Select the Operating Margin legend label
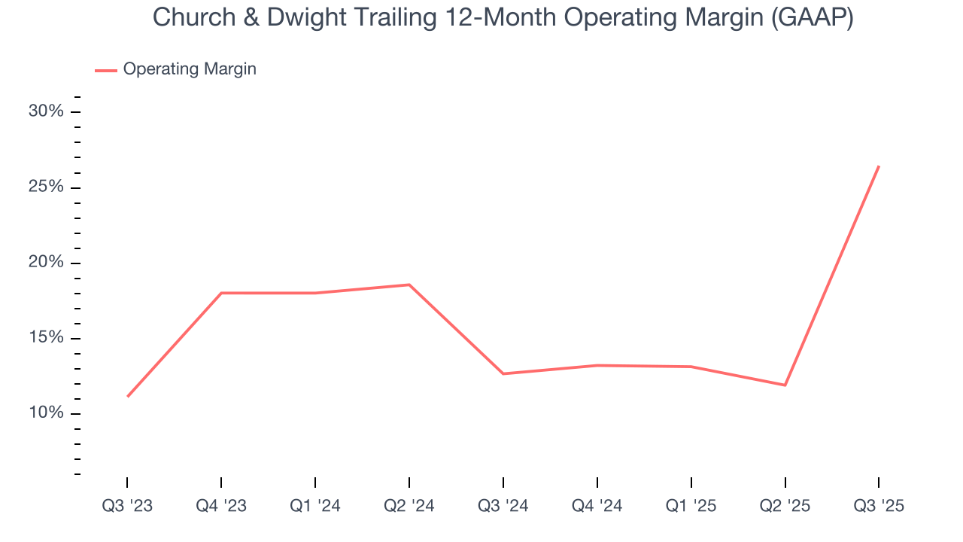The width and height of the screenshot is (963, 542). [190, 69]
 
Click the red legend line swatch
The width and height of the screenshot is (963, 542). [105, 70]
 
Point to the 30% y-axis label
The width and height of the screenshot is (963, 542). [46, 111]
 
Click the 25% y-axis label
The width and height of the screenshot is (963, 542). [46, 187]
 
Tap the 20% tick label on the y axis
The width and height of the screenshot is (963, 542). [46, 263]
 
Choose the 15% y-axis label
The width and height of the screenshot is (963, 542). [46, 338]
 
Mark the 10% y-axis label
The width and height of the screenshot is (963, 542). [46, 413]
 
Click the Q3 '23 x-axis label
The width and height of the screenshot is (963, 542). [127, 506]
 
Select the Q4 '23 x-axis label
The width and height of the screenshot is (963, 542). [221, 506]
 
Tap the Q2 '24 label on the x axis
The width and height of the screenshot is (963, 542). [409, 506]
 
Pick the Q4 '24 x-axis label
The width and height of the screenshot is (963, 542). [597, 506]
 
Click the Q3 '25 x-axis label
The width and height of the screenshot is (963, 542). [879, 506]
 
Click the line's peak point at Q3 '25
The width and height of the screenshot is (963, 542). [879, 166]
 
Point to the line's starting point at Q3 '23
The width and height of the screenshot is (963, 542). [127, 396]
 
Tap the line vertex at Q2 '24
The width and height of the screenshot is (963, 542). [409, 285]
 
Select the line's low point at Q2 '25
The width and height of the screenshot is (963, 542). [785, 385]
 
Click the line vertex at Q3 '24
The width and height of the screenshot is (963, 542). [503, 373]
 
